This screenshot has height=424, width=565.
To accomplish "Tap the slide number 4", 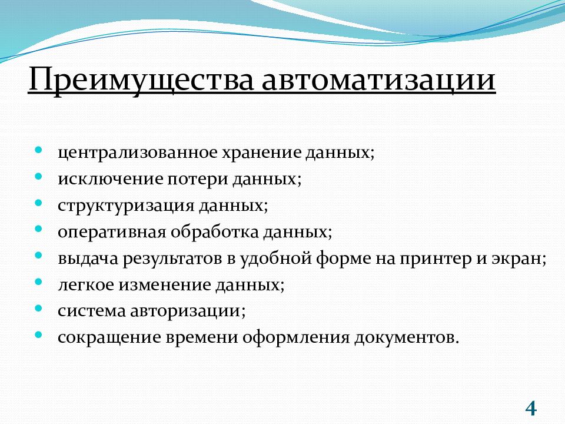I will point(531,408).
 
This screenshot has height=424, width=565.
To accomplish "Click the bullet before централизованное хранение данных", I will point(39,150).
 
